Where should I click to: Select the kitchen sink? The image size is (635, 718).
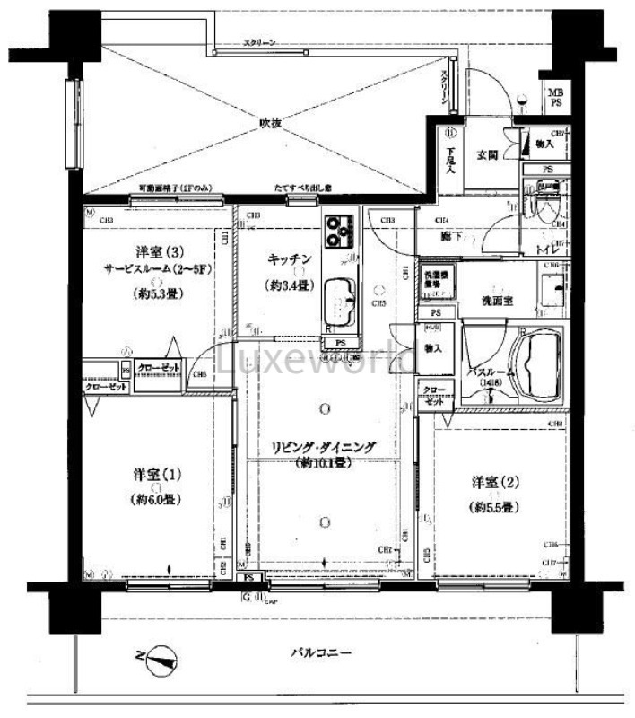click(x=340, y=296)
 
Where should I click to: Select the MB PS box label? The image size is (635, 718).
click(x=556, y=97)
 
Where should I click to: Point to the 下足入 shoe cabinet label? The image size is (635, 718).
click(x=450, y=159)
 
